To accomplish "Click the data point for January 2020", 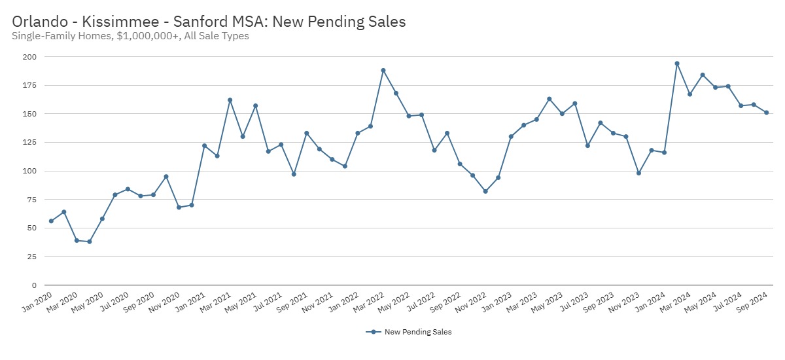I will [51, 221].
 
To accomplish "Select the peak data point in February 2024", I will [677, 63].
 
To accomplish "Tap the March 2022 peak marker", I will [383, 71].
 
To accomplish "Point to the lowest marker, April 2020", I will [90, 242].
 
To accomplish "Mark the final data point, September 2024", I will [766, 113].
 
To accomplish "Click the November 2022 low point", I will [485, 191].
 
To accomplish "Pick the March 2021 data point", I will [230, 100].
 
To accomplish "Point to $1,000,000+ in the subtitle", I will [148, 36].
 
